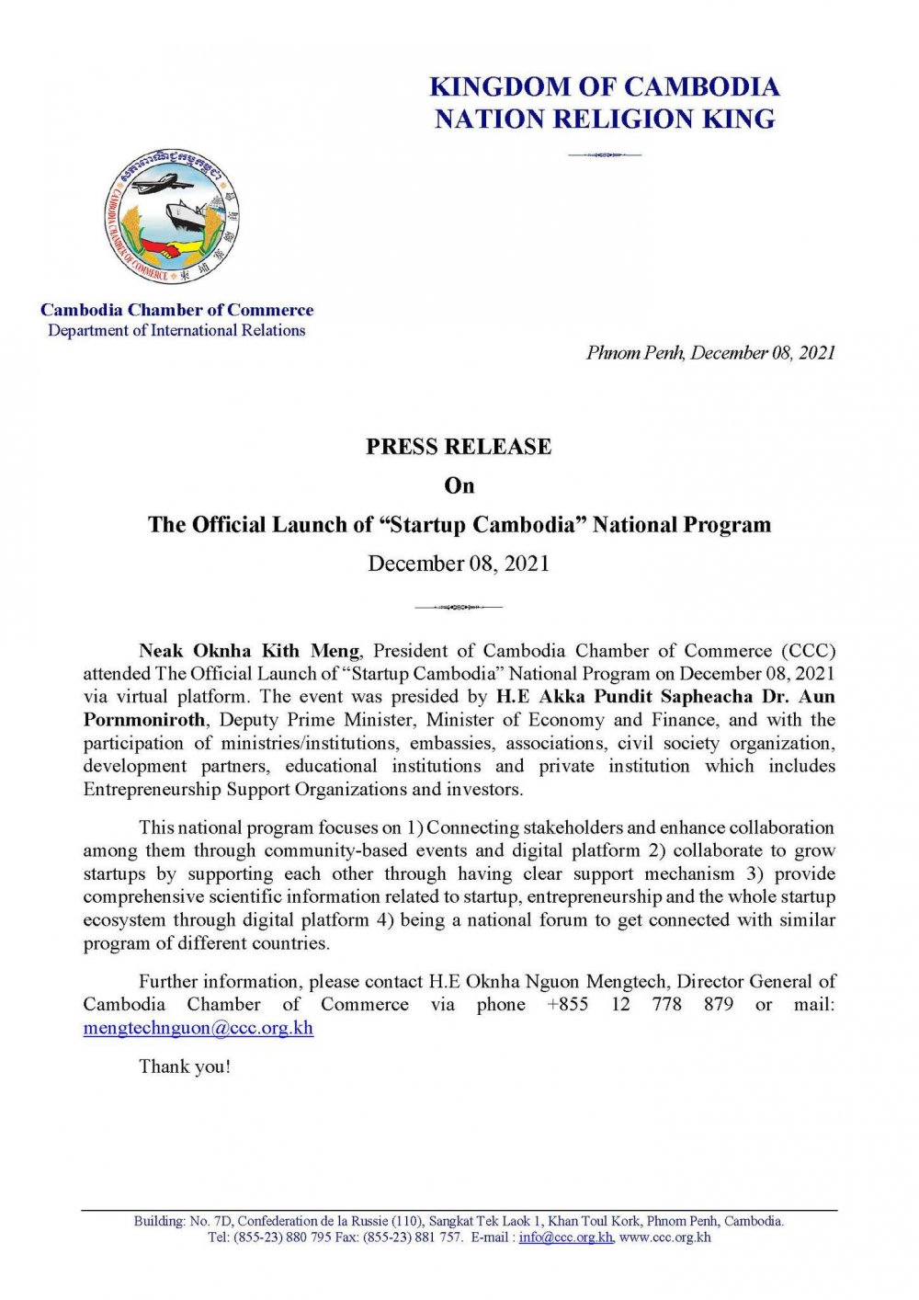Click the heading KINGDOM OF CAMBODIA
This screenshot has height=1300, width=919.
(x=605, y=87)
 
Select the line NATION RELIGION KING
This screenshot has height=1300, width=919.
(x=605, y=120)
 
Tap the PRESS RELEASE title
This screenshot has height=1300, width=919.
(x=459, y=447)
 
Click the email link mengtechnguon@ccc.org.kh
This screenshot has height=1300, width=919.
(x=199, y=1028)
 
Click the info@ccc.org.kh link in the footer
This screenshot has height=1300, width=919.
(x=565, y=1237)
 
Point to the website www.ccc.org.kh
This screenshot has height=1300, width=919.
(x=665, y=1237)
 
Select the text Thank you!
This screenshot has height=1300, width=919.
(x=185, y=1066)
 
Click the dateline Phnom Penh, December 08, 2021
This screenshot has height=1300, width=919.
(x=710, y=353)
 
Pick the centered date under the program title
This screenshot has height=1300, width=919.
(x=459, y=564)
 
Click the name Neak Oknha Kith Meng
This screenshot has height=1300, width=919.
(x=249, y=651)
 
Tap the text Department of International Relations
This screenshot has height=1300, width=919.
(x=176, y=331)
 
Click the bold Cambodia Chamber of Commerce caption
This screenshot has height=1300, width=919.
(x=176, y=311)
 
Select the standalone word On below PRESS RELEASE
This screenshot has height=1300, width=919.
(x=459, y=485)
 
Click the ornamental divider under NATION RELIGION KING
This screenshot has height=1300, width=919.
(x=605, y=154)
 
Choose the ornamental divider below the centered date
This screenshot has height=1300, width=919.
(x=459, y=607)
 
